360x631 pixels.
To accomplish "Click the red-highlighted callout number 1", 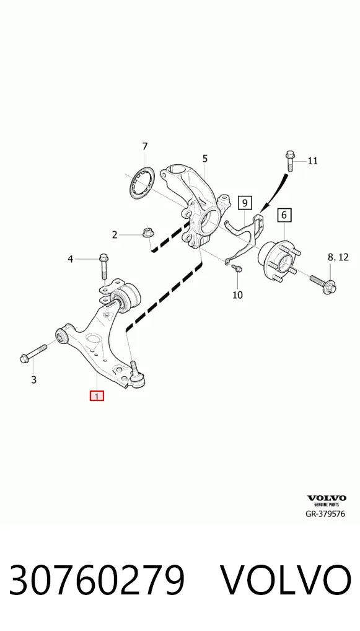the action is (x=97, y=395).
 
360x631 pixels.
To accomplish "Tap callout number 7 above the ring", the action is (x=145, y=146).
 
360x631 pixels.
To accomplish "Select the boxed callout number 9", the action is (x=245, y=203).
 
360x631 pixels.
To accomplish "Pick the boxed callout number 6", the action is (x=284, y=215).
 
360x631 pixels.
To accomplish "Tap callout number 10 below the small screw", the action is (x=238, y=295).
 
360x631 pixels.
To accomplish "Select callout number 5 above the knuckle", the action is (x=205, y=159).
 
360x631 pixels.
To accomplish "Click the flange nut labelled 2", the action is (x=147, y=232).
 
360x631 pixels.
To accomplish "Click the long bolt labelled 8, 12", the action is (x=323, y=283).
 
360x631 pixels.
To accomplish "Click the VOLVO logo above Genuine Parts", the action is (x=327, y=498).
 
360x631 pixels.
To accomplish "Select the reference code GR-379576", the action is (x=325, y=514).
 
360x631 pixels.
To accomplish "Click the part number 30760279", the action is (x=97, y=580).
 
